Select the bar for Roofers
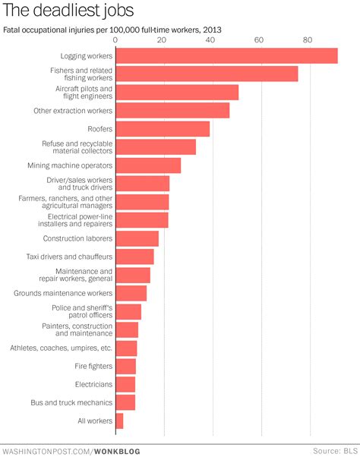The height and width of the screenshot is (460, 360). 163,128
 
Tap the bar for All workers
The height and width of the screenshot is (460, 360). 119,421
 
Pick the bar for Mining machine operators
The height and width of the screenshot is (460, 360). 148,165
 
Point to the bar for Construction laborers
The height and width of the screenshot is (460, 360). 137,238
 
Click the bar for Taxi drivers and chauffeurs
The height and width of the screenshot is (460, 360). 134,257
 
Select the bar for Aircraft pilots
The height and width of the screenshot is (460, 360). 177,92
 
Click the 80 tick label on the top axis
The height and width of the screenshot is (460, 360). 308,39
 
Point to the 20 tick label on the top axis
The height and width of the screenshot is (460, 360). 163,39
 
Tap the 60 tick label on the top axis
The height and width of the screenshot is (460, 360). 260,39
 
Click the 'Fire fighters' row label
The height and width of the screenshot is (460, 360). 93,366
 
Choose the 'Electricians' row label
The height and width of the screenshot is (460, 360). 93,384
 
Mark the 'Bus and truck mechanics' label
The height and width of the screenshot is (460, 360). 71,402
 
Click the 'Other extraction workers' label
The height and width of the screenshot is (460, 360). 73,110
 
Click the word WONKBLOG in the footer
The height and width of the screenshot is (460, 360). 118,451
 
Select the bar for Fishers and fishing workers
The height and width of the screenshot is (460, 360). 207,74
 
